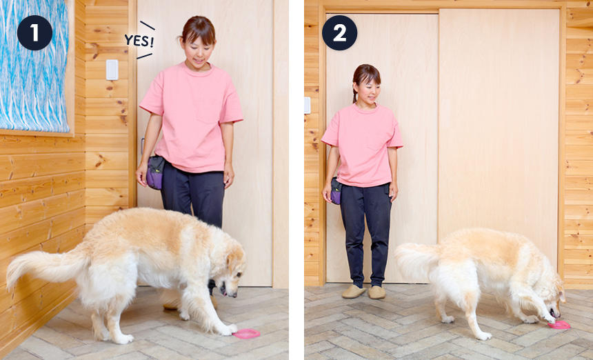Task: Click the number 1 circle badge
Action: (34, 33)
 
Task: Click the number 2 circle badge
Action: (339, 33)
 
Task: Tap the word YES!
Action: (139, 41)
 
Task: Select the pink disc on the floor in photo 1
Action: (246, 334)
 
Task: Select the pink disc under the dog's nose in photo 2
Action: (559, 325)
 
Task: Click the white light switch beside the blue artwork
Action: (112, 70)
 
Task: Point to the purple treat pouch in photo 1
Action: (155, 172)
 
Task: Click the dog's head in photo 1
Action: (231, 270)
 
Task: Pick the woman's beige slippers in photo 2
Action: (363, 292)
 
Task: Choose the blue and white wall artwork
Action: (34, 66)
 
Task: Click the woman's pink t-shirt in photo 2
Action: (362, 146)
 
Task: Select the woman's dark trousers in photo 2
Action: (365, 232)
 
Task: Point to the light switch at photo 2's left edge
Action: (307, 105)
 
